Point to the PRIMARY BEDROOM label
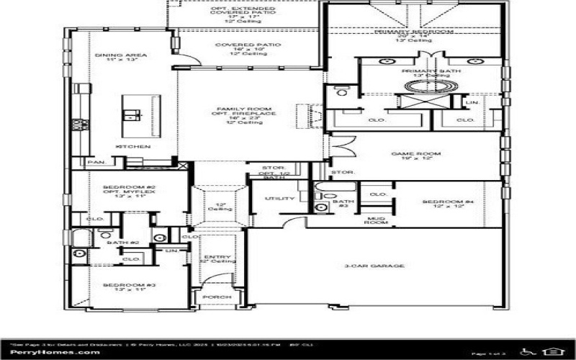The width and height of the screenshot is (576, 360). [413, 32]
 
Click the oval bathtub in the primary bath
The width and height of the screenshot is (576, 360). [429, 86]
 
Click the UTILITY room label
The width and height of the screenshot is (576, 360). [280, 198]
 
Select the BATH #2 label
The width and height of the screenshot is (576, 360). [117, 243]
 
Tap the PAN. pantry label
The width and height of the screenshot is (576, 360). [96, 163]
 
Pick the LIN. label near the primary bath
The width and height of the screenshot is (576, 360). [472, 102]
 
